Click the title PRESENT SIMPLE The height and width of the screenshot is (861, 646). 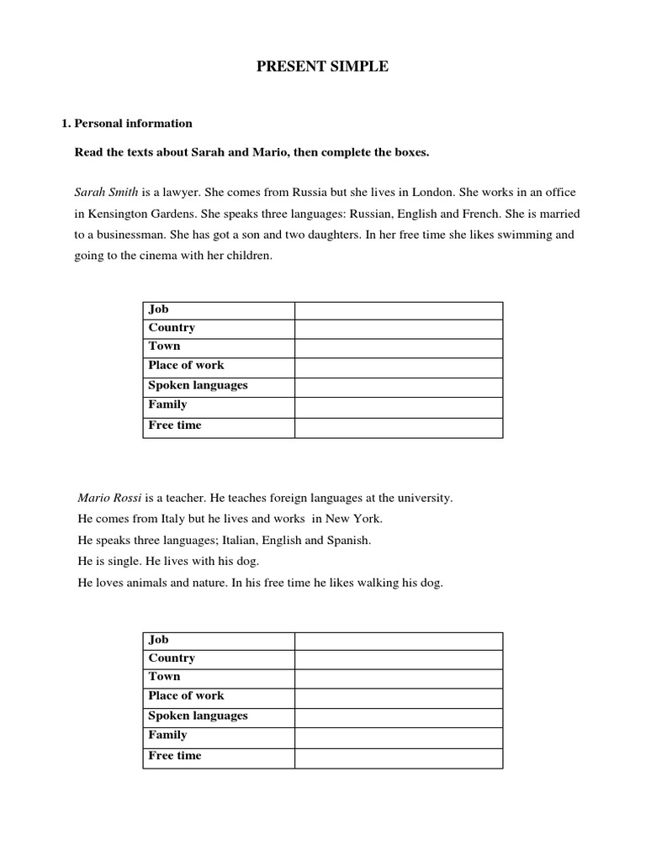(323, 67)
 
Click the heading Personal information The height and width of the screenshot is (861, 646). (133, 124)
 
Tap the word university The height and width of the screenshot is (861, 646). (426, 498)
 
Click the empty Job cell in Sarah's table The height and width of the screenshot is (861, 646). (398, 311)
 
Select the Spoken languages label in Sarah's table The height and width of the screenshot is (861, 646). (198, 385)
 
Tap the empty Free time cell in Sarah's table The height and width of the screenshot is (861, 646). (398, 427)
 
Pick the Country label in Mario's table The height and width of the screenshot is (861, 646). (172, 658)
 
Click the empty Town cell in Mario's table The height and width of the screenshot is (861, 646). (398, 678)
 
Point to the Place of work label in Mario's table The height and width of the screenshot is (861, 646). (186, 696)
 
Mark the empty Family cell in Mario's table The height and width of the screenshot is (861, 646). (398, 736)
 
